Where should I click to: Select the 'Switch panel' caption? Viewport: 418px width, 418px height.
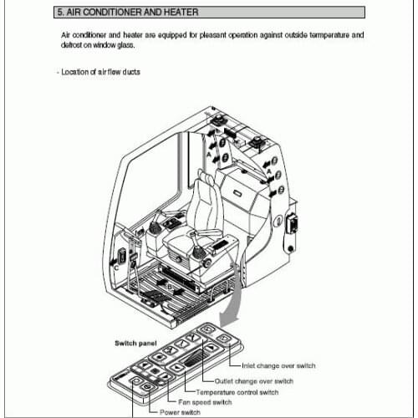135,343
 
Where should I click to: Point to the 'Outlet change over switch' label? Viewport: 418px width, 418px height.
261,381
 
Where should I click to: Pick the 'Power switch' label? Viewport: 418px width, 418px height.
176,412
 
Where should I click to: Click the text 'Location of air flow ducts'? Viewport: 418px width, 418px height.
100,72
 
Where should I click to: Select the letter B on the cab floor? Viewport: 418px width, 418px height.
170,285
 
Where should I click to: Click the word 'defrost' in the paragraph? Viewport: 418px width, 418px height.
74,45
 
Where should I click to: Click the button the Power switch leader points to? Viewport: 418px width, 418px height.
136,382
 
